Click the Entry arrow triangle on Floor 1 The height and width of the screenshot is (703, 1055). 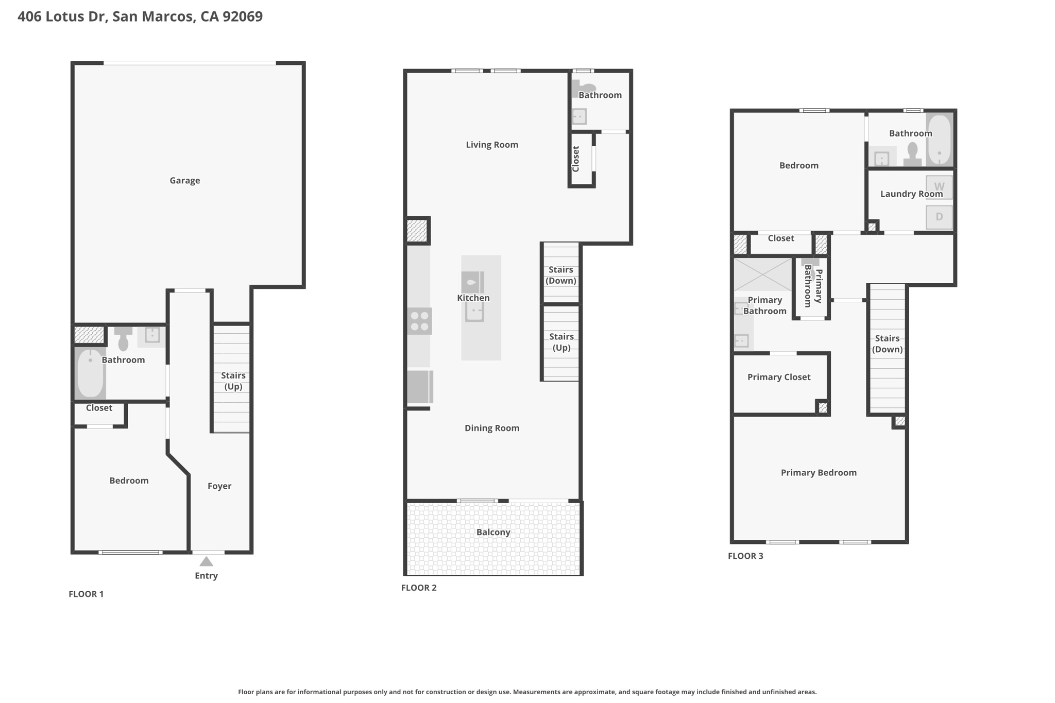tap(206, 561)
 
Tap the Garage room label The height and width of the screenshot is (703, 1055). tap(185, 181)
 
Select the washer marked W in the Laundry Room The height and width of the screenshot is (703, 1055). tap(939, 187)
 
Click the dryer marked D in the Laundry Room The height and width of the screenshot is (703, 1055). tap(939, 217)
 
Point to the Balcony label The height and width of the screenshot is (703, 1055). tap(494, 533)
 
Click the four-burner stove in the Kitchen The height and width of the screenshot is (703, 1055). tap(419, 321)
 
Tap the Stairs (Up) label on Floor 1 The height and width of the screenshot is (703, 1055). tap(233, 381)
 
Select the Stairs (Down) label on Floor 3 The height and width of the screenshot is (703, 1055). tap(887, 344)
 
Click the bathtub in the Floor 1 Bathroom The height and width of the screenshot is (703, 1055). tap(90, 373)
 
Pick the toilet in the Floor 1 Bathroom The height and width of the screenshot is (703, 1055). tap(123, 338)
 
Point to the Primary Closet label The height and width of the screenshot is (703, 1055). tap(779, 377)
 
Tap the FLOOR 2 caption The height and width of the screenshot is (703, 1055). tap(419, 588)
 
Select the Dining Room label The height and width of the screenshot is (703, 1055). tap(492, 428)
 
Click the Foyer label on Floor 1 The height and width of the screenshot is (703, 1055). tap(219, 486)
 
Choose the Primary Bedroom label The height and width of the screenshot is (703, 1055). tap(819, 473)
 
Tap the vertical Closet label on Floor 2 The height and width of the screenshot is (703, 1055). tap(576, 159)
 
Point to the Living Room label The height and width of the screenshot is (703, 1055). tap(492, 145)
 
